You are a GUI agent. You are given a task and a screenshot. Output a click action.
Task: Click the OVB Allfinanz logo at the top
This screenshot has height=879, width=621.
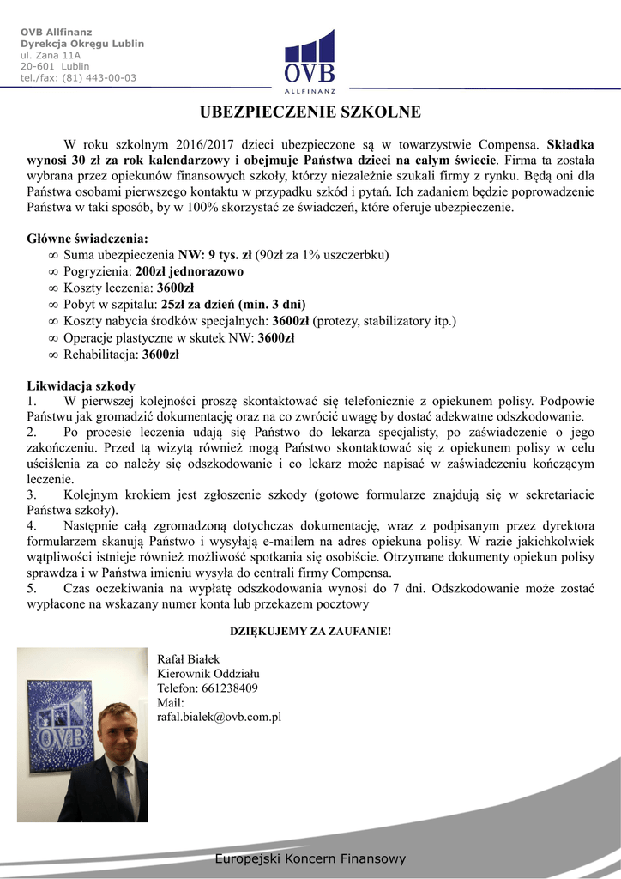(x=310, y=62)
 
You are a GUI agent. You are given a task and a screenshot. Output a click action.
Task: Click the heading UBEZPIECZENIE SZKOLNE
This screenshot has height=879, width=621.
(x=310, y=112)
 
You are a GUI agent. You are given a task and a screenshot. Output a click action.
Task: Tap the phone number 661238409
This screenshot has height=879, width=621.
(x=230, y=688)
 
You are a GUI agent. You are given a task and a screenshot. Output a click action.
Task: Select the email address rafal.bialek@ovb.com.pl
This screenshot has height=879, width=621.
(x=220, y=717)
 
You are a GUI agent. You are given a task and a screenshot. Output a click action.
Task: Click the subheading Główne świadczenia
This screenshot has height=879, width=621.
(x=87, y=238)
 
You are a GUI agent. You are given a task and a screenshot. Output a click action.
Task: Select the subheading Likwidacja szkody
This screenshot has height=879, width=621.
(x=81, y=385)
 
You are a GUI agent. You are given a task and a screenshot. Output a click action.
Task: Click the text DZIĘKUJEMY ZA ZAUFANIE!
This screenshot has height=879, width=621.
(x=310, y=632)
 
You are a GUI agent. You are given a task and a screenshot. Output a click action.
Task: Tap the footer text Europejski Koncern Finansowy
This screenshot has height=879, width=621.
(x=310, y=858)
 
